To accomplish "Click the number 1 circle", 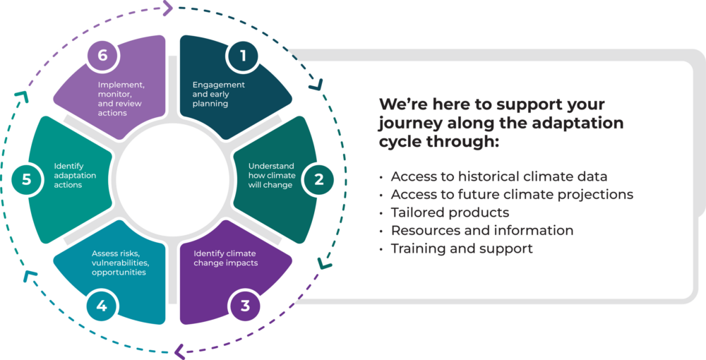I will pyautogui.click(x=244, y=56).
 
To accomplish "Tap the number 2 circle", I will pyautogui.click(x=319, y=179).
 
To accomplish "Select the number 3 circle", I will pyautogui.click(x=245, y=306).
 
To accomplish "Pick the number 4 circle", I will pyautogui.click(x=102, y=306).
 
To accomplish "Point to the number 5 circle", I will pyautogui.click(x=26, y=179).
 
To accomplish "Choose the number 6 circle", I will pyautogui.click(x=102, y=56).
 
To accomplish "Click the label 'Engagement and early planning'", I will pyautogui.click(x=219, y=94).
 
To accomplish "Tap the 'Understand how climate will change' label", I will pyautogui.click(x=271, y=176).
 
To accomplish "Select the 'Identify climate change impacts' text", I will pyautogui.click(x=225, y=258).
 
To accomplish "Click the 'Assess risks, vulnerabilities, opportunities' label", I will pyautogui.click(x=120, y=263).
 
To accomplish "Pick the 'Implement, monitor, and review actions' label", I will pyautogui.click(x=121, y=99).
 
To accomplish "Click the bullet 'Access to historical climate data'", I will pyautogui.click(x=499, y=176).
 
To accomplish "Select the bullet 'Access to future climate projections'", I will pyautogui.click(x=512, y=194).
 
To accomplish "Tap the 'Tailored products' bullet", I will pyautogui.click(x=450, y=212).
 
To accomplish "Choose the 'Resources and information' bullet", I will pyautogui.click(x=481, y=230).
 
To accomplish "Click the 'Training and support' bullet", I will pyautogui.click(x=462, y=248).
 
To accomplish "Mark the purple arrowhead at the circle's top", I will pyautogui.click(x=168, y=8).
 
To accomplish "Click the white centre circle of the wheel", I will pyautogui.click(x=173, y=181).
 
